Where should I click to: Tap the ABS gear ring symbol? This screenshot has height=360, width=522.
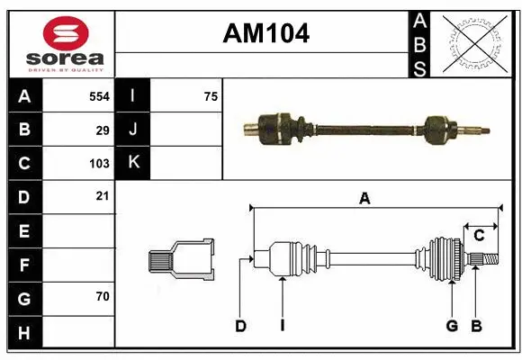(474, 44)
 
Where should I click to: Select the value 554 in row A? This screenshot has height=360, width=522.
(99, 96)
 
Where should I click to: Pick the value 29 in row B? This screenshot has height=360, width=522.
(103, 130)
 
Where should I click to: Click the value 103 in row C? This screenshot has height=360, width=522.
(99, 163)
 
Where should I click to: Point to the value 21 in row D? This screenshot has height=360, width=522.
(103, 196)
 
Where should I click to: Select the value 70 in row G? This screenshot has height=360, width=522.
(103, 296)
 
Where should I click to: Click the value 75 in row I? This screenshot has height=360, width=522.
(210, 96)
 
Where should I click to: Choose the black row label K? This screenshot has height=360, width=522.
(133, 163)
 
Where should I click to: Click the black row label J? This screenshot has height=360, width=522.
(133, 130)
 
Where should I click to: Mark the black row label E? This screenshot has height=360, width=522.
(24, 230)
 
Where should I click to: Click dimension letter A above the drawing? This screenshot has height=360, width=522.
(364, 199)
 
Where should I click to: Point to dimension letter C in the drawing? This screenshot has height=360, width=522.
(479, 235)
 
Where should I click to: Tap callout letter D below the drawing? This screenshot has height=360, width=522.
(240, 326)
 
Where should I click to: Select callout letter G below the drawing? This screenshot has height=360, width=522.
(451, 326)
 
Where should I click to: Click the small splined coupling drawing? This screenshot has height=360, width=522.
(181, 259)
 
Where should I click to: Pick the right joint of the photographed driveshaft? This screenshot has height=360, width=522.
(437, 129)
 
